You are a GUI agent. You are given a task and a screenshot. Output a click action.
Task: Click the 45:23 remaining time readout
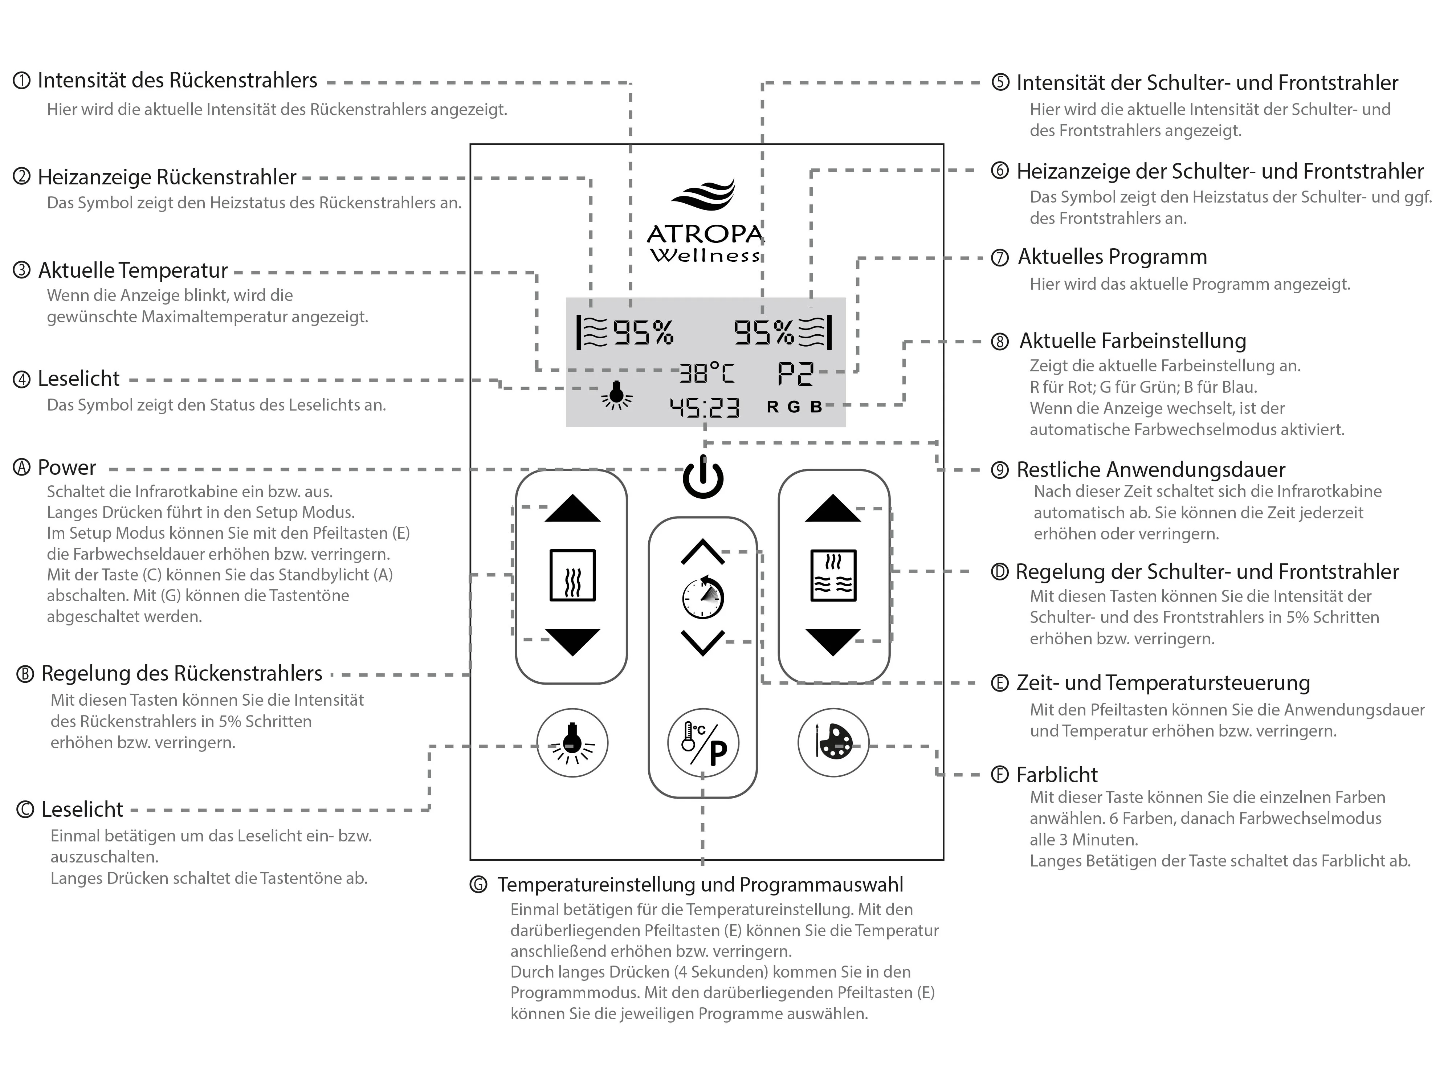pos(704,408)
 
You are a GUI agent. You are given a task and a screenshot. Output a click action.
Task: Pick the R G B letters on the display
pos(794,407)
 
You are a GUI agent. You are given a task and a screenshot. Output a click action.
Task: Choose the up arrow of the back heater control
pos(572,509)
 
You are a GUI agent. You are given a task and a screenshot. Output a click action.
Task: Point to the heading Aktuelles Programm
pos(1112,257)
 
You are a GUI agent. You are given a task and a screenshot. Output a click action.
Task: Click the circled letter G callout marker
pos(478,885)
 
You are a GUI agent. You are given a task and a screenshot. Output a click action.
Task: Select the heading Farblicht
pos(1056,775)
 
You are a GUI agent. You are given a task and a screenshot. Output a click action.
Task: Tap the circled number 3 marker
pos(22,270)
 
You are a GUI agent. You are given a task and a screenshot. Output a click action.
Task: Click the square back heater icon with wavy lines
pos(572,575)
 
